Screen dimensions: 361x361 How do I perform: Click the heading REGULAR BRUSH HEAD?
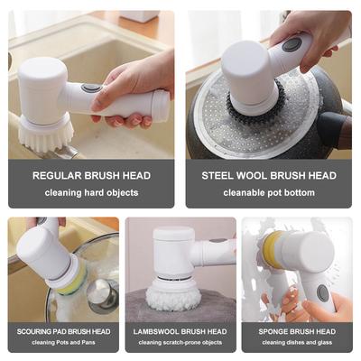(91, 175)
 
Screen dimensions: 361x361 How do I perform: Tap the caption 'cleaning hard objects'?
(91, 192)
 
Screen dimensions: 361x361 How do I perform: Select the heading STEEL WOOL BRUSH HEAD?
(269, 175)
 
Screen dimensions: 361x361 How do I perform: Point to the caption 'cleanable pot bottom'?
(269, 192)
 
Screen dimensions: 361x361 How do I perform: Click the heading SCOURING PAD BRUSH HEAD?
(63, 331)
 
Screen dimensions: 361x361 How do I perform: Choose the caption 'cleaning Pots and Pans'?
(63, 342)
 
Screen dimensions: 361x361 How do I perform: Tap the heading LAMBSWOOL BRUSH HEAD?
(180, 331)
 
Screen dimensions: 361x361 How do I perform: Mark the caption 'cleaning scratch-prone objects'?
(180, 342)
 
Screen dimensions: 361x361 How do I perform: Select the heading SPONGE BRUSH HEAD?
(297, 331)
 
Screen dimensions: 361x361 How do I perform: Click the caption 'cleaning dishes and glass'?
(297, 342)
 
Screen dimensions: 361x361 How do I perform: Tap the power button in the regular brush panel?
(91, 88)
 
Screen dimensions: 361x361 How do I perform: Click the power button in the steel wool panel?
(292, 44)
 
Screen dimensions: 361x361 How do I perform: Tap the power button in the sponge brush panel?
(322, 293)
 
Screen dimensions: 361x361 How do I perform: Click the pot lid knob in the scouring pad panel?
(102, 294)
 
